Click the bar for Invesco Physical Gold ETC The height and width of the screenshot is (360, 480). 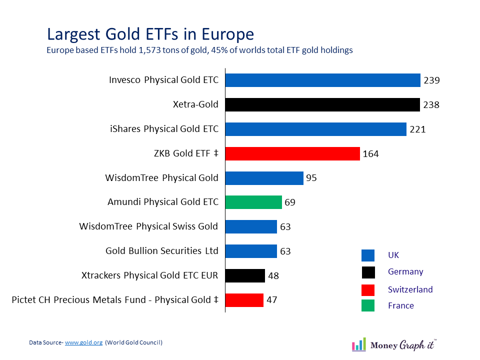point(322,80)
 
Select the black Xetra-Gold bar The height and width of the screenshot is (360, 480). point(322,104)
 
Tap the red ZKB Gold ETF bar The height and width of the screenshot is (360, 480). point(292,153)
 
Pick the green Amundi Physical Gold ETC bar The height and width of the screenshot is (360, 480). point(253,202)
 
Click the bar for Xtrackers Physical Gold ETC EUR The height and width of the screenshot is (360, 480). point(245,275)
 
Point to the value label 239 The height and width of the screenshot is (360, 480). point(431,80)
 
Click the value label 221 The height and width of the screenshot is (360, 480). point(417,129)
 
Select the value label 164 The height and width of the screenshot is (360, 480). point(371,154)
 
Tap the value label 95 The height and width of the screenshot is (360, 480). point(311,178)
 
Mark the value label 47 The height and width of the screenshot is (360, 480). point(271,300)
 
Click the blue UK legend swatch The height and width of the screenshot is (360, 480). point(368,255)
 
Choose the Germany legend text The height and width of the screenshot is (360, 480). point(405,271)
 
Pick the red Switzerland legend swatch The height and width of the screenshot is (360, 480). point(368,290)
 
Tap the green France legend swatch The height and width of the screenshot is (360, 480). point(368,305)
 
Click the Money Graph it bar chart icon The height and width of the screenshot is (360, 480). point(359,344)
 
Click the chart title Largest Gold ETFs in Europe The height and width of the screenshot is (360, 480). point(150,34)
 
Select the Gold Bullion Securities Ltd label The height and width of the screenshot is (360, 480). point(162,251)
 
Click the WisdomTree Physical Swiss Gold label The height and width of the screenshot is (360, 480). point(148,226)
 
